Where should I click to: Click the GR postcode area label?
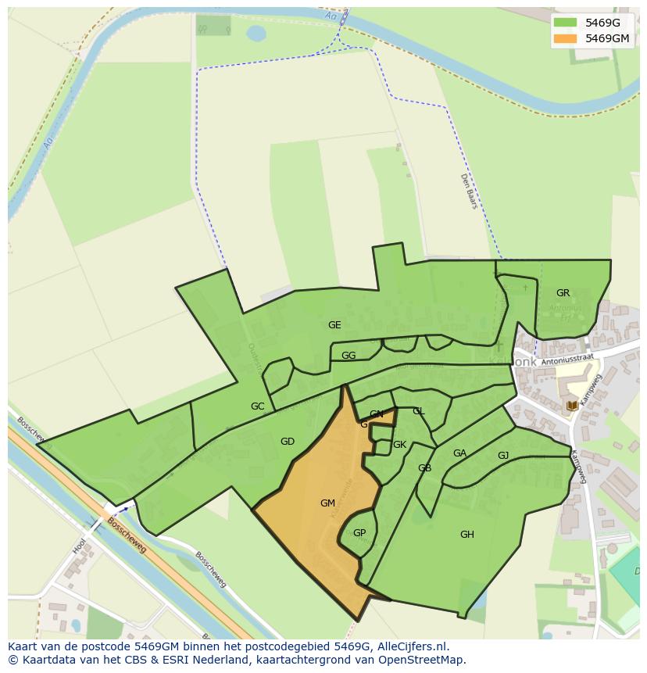point(563,293)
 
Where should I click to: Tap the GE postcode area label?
point(334,325)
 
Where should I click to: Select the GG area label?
point(349,356)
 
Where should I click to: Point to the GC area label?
point(257,406)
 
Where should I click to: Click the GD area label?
point(288,442)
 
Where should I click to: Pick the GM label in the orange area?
point(327,503)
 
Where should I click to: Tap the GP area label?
point(359,533)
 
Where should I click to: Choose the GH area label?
point(467,535)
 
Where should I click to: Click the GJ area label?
point(503,456)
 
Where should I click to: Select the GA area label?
point(459,453)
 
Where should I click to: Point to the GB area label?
point(424,468)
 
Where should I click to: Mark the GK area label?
point(399,445)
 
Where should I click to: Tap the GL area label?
point(418,411)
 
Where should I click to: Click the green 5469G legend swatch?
point(565,23)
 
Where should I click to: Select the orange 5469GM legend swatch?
point(565,38)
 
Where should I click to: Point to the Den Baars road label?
point(468,191)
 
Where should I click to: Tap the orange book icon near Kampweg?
point(572,405)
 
